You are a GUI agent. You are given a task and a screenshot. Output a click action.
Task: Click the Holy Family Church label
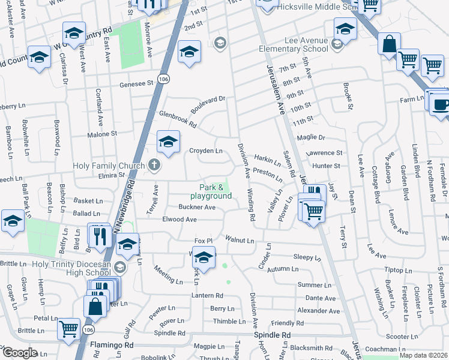[108, 166]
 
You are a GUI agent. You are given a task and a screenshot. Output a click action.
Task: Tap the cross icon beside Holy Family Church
[154, 165]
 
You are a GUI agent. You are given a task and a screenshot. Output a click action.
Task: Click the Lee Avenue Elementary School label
[294, 44]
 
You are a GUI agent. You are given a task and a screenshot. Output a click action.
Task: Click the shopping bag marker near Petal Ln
[96, 306]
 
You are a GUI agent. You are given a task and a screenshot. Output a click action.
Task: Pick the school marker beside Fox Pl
[204, 257]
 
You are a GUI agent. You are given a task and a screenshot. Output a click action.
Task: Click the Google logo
[19, 353]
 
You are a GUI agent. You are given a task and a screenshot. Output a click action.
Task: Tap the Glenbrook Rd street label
[178, 119]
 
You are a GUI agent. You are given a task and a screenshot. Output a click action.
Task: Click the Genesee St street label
[136, 85]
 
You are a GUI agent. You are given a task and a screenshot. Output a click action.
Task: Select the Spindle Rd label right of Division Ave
[272, 335]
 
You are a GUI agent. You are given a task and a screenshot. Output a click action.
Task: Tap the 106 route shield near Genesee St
[163, 79]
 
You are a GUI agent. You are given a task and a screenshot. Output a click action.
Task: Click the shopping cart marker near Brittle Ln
[69, 328]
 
